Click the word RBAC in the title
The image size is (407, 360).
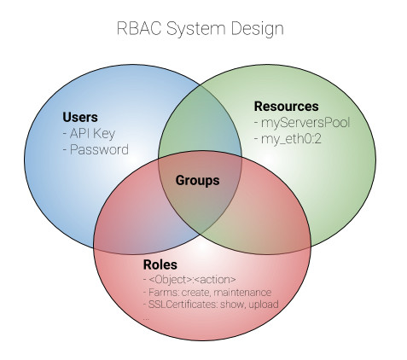[139, 28]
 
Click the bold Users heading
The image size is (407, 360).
[80, 117]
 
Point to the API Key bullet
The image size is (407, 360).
[89, 134]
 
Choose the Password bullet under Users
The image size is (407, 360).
[96, 149]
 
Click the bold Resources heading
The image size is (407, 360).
[286, 107]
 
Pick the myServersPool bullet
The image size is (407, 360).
[302, 123]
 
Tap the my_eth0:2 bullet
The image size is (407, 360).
[288, 139]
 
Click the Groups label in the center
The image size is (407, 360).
[197, 181]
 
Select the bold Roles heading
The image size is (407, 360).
[160, 264]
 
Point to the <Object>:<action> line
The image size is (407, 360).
[189, 280]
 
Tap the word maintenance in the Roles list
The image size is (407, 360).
[242, 293]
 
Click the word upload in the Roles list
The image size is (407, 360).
[264, 305]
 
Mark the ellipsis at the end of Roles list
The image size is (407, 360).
[146, 319]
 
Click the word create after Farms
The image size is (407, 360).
[195, 293]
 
